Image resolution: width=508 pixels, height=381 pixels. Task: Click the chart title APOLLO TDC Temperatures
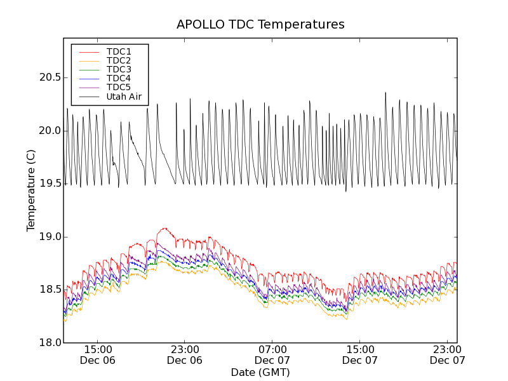tap(260, 25)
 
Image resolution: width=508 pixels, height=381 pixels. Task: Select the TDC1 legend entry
tap(119, 51)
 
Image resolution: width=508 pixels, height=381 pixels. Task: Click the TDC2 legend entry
tap(119, 60)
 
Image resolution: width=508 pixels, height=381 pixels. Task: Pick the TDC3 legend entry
tap(119, 69)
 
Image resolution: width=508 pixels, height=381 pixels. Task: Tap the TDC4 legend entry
tap(119, 78)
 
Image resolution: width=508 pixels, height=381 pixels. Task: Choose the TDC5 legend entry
tap(119, 87)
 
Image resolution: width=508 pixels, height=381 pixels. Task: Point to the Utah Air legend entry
tap(123, 97)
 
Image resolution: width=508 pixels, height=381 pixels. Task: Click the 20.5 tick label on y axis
tap(48, 77)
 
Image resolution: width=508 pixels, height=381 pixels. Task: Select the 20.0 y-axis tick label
tap(48, 130)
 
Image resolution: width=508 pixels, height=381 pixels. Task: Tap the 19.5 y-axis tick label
tap(48, 184)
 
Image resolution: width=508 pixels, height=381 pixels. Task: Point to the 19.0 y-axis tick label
tap(48, 237)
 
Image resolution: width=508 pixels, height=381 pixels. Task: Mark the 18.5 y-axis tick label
tap(48, 290)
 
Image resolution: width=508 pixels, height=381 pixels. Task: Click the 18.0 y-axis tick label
tap(48, 343)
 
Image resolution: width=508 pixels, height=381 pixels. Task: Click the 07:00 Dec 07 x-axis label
tap(272, 354)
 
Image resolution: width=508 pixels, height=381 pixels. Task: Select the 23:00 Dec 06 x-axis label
tap(185, 354)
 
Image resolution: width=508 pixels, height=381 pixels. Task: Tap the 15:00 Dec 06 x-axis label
tap(98, 354)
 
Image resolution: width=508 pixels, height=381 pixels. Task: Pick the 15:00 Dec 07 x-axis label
tap(360, 354)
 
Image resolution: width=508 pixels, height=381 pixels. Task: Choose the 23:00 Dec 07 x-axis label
tap(448, 354)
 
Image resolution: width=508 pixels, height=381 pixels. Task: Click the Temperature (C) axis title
tap(31, 190)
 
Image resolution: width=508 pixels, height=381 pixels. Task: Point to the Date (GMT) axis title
tap(260, 372)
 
